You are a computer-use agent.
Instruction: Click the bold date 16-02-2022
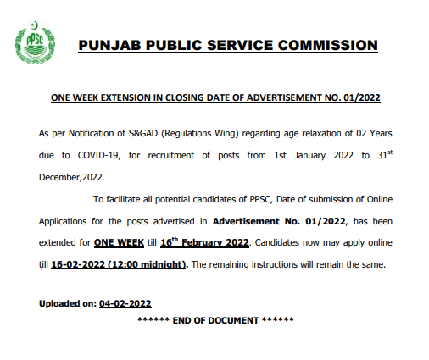click(x=80, y=264)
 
